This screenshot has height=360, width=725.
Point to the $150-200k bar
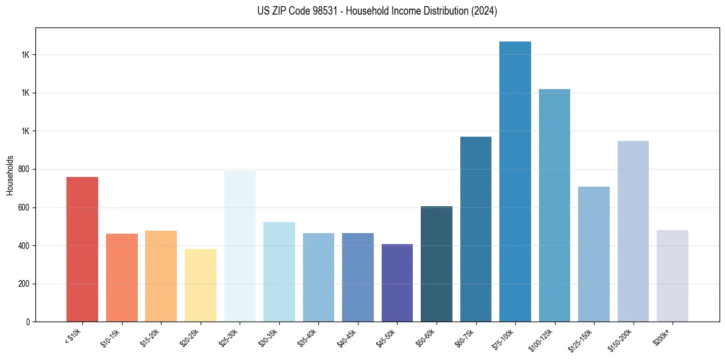633,231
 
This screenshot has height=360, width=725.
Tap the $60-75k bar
476,229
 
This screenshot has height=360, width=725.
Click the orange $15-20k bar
161,276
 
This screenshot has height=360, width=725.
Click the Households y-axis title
10,175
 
